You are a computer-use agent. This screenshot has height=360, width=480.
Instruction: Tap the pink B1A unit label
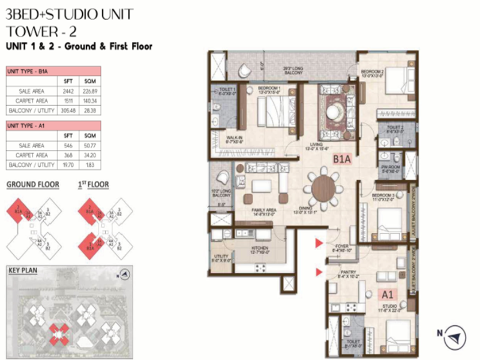tap(342, 160)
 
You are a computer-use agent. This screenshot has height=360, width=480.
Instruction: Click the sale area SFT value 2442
tap(67, 91)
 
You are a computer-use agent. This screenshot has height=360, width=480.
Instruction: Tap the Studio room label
tap(391, 308)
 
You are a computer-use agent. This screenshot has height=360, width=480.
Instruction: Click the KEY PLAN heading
tap(23, 271)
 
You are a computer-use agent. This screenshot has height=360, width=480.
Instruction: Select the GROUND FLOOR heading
tap(32, 185)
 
